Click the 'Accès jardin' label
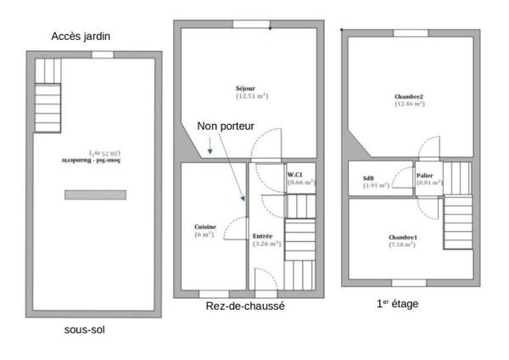pyautogui.click(x=81, y=36)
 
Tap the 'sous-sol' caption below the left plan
pyautogui.click(x=86, y=329)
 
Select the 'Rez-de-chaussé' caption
pyautogui.click(x=245, y=306)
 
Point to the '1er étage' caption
pyautogui.click(x=397, y=303)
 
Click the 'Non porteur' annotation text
pyautogui.click(x=226, y=126)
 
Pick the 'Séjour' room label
pyautogui.click(x=246, y=88)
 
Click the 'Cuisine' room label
pyautogui.click(x=204, y=227)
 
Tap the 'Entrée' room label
pyautogui.click(x=262, y=235)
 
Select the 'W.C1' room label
pyautogui.click(x=295, y=174)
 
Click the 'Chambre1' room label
pyautogui.click(x=402, y=237)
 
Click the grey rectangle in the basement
pyautogui.click(x=95, y=194)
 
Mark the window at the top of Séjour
pyautogui.click(x=251, y=24)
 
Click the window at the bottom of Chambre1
pyautogui.click(x=409, y=282)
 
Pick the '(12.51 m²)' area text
pyautogui.click(x=251, y=96)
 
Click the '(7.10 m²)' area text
pyautogui.click(x=402, y=245)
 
